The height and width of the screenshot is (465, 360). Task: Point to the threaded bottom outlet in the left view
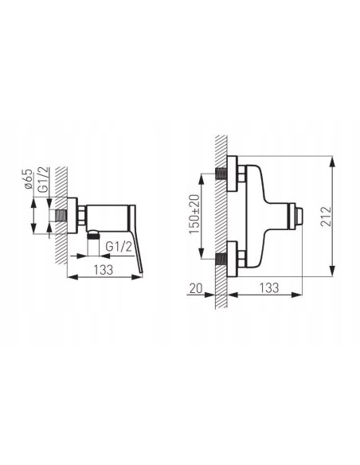click(x=92, y=235)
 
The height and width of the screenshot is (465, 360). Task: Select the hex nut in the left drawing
click(x=80, y=215)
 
